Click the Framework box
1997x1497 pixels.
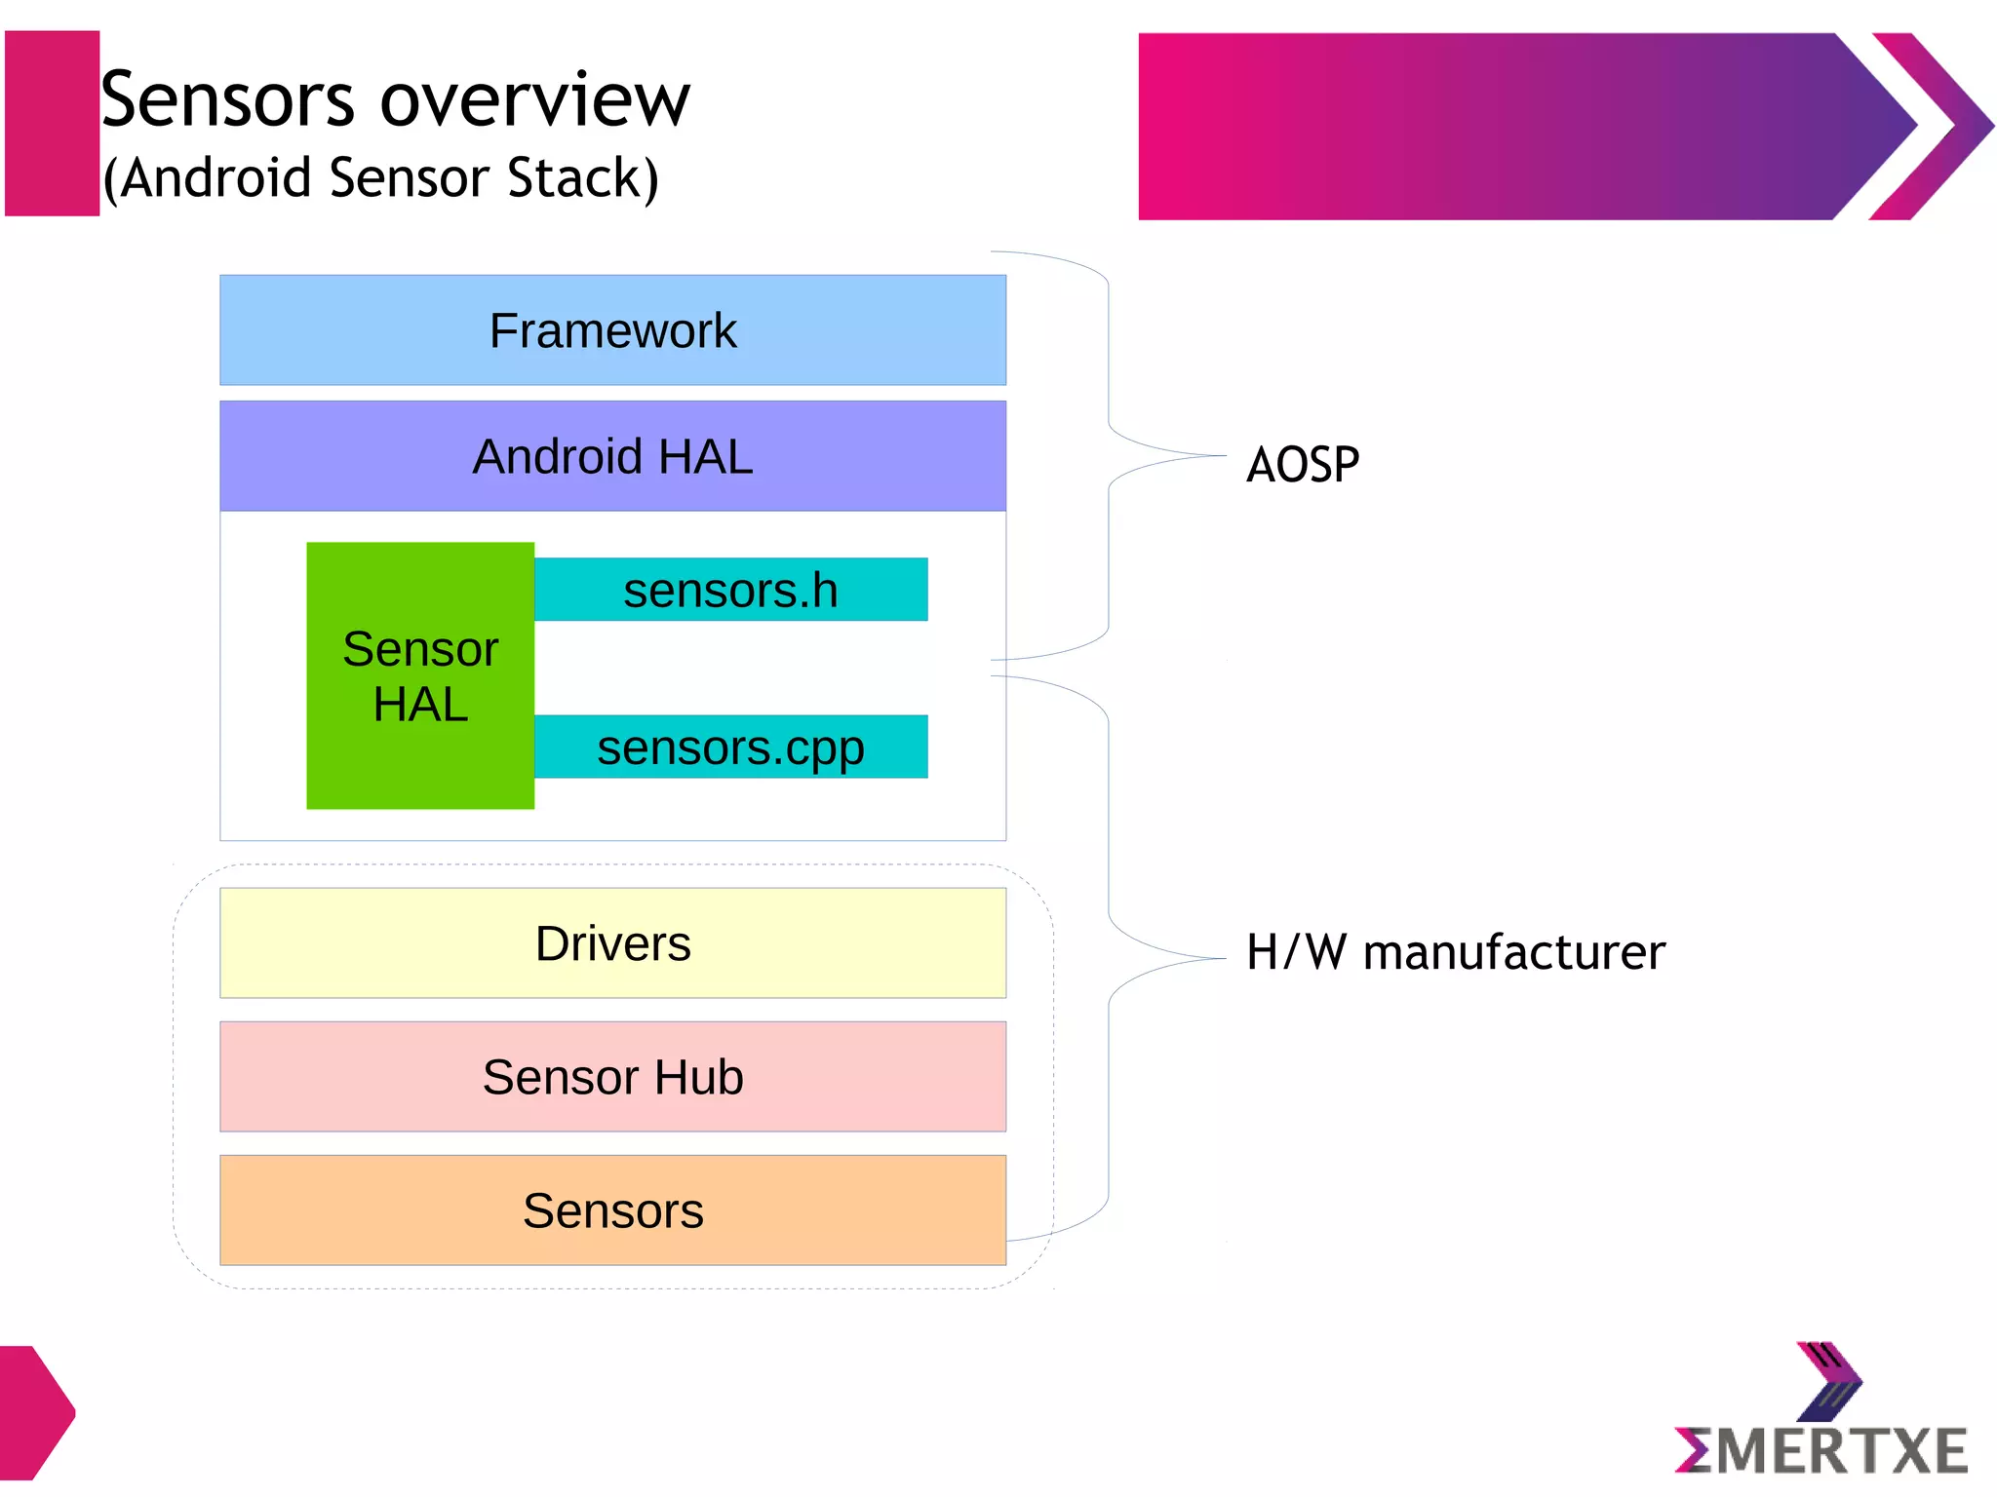pos(612,330)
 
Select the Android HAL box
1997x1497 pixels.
pos(612,456)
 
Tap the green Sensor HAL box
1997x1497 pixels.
pos(420,675)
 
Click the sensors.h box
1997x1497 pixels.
pos(730,590)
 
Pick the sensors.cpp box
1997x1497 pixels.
pos(730,748)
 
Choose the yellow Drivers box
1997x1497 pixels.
pos(612,943)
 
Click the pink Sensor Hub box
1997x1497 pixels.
pos(612,1077)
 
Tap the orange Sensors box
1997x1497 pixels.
pos(612,1210)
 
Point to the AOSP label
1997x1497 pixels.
pos(1303,465)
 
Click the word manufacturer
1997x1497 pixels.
pos(1513,953)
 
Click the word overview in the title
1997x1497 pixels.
pos(534,100)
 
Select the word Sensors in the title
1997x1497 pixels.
pos(227,100)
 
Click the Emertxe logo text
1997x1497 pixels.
pos(1821,1451)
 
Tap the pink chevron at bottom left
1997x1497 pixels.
pos(34,1412)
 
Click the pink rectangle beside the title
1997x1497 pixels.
pos(52,123)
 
